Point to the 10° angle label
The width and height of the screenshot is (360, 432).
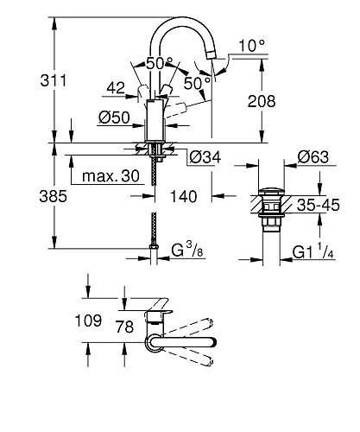[x=249, y=44]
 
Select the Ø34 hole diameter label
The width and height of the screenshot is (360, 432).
[x=206, y=156]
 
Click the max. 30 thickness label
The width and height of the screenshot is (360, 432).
[x=111, y=175]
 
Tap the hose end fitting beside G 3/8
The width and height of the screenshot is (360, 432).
[x=155, y=254]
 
